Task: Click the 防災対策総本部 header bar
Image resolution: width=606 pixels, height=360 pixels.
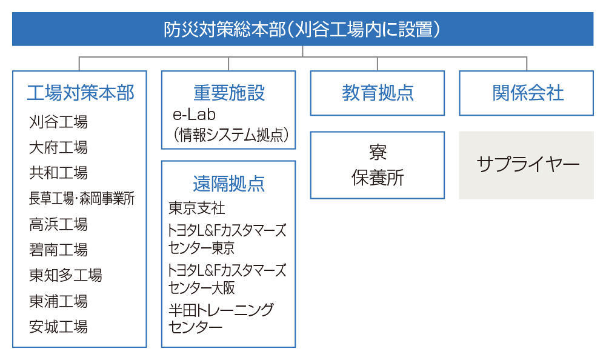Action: tap(302, 29)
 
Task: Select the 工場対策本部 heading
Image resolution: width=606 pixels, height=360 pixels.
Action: tap(81, 93)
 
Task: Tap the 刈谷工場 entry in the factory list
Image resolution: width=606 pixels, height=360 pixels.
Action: tap(58, 122)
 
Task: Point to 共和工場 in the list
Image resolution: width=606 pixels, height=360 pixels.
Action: tap(58, 173)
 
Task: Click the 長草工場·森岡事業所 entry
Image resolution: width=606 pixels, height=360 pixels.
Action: tap(82, 198)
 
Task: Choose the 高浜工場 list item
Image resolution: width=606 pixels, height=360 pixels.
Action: tap(58, 224)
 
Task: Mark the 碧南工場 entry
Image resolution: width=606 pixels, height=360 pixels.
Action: tap(58, 250)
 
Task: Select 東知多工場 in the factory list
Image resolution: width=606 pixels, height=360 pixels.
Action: tap(65, 275)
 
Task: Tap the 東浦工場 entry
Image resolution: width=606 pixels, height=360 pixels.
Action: tap(58, 301)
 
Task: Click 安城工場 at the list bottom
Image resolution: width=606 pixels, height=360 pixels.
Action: tap(58, 327)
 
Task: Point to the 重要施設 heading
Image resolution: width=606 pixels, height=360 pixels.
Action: tap(229, 93)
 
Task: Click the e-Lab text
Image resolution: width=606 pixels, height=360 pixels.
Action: tap(194, 115)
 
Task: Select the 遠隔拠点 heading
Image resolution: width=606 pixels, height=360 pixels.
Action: tap(229, 184)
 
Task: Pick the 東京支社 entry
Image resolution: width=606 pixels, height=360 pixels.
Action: tap(197, 208)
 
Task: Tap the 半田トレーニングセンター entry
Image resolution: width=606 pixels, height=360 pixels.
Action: tap(221, 319)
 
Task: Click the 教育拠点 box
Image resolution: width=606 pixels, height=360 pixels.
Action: tap(377, 93)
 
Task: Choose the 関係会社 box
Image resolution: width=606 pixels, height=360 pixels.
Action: tap(527, 93)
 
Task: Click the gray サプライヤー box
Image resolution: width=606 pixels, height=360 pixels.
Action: tap(527, 165)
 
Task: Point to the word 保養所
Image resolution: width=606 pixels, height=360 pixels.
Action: tap(378, 178)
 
